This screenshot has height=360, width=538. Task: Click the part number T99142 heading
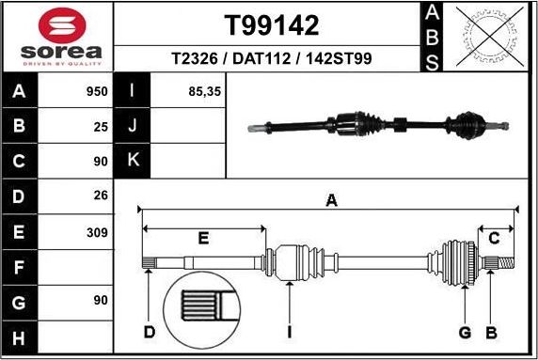pos(271,24)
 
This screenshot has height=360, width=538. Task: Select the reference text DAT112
pos(271,59)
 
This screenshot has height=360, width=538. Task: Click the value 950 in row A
pos(97,92)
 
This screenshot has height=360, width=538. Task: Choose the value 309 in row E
pos(97,231)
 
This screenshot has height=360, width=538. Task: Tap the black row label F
pos(21,267)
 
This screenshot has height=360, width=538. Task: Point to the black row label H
pos(21,337)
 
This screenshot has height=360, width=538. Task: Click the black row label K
pos(133,160)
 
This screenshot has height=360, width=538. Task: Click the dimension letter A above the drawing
pos(330,199)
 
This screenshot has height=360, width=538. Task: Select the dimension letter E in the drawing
pos(202,239)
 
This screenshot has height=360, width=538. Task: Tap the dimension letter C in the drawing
pos(493,239)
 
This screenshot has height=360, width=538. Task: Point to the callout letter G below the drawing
pos(464,332)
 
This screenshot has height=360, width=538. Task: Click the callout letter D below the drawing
pos(149,332)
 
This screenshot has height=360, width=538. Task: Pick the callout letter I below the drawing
pos(291,332)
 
